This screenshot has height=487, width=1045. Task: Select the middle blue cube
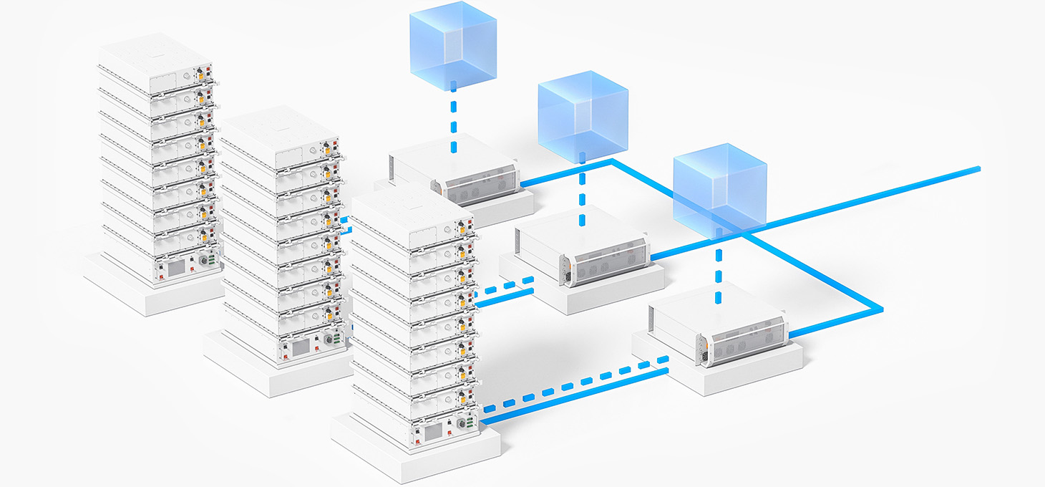pos(582,115)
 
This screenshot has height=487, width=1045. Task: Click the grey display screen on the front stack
pos(433,433)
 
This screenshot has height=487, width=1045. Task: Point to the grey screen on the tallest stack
pos(175,268)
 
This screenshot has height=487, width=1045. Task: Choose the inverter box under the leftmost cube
pos(458,172)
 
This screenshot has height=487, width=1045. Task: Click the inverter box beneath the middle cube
pos(583,247)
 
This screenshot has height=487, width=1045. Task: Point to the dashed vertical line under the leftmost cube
pos(453,118)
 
